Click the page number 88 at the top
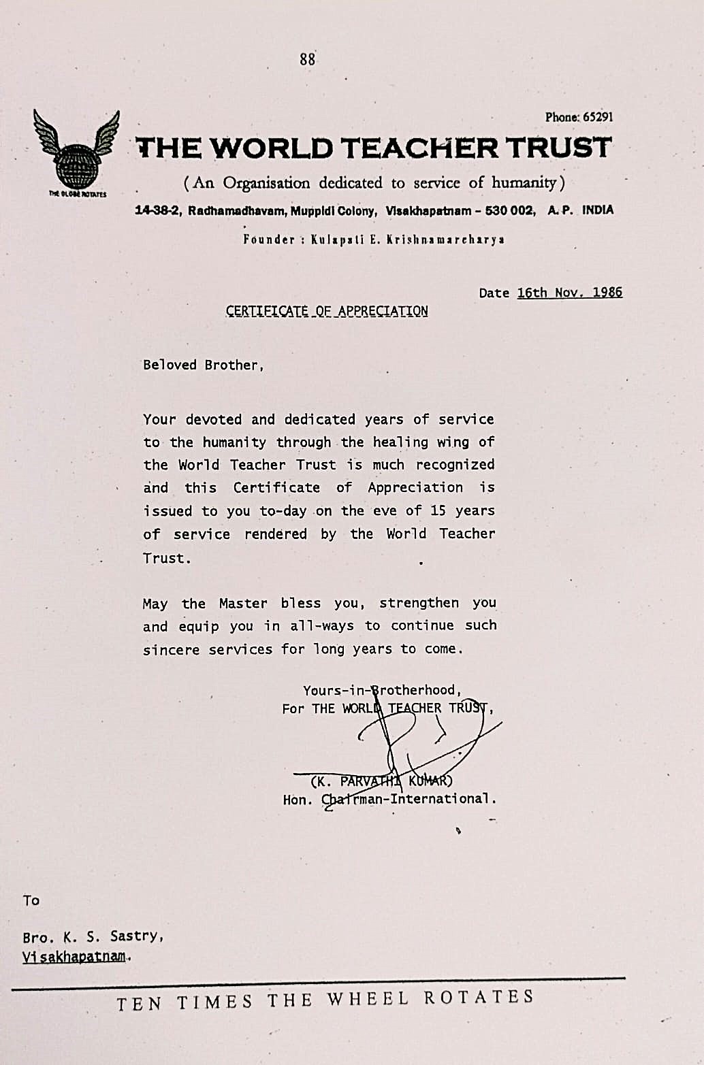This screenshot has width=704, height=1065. (307, 59)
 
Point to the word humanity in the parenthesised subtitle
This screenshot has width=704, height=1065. (524, 182)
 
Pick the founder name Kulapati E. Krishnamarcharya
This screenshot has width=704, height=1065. (407, 240)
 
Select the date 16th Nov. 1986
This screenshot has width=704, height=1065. (569, 293)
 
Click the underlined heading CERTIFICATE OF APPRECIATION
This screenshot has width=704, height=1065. (327, 312)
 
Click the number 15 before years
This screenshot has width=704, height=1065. (438, 510)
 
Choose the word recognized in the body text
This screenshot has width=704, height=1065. (455, 465)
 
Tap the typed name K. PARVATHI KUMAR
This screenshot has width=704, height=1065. (381, 781)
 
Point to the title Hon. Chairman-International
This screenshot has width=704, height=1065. (389, 799)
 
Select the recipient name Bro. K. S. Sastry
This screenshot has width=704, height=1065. (93, 936)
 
